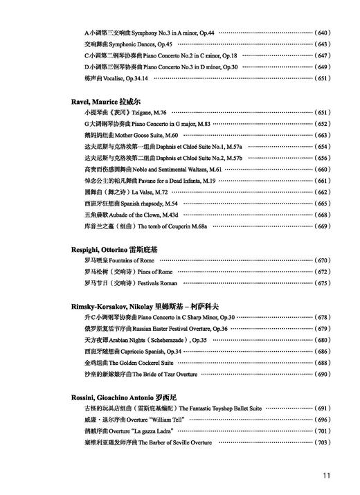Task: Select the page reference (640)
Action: click(323, 33)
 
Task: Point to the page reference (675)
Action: click(323, 283)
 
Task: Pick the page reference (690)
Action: click(323, 375)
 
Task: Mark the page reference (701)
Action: click(323, 431)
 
